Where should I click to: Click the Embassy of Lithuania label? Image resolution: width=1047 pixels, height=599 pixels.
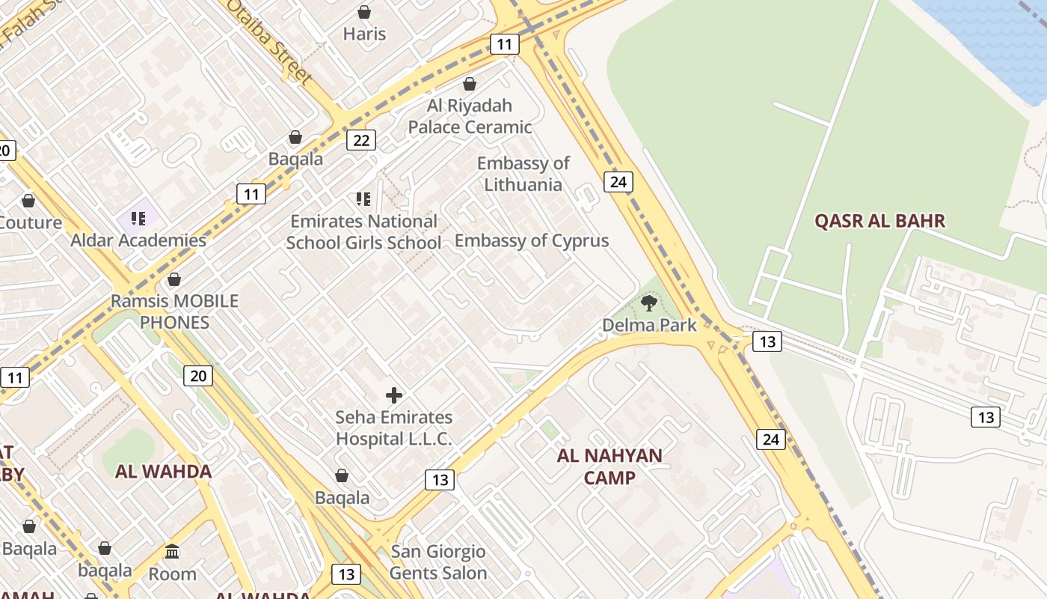(x=523, y=174)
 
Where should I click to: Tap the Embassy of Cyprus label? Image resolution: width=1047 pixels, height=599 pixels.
(x=532, y=240)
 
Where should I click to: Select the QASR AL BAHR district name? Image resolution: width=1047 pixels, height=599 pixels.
(x=879, y=221)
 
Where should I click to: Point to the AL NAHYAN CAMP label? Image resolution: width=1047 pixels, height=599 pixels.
(x=610, y=466)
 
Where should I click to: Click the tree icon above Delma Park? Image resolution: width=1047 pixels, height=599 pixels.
(x=649, y=303)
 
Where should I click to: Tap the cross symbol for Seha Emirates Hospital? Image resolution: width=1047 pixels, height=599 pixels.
(x=394, y=395)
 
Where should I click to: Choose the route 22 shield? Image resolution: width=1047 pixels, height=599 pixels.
(x=361, y=140)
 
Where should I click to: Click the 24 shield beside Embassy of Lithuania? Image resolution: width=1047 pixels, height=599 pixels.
(x=618, y=181)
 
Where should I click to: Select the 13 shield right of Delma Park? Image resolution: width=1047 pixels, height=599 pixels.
(x=767, y=341)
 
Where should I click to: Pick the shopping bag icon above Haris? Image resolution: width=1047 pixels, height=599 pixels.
(x=364, y=12)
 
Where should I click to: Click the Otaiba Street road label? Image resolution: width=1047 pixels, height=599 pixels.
(x=269, y=41)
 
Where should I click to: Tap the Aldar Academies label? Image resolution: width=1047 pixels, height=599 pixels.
(x=138, y=240)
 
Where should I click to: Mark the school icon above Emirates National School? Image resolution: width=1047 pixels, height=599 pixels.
(x=363, y=199)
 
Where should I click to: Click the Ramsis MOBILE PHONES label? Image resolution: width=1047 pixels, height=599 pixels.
(x=175, y=311)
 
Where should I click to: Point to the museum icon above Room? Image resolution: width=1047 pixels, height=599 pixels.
(x=173, y=552)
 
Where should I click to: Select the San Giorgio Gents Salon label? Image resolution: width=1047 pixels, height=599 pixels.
(x=438, y=562)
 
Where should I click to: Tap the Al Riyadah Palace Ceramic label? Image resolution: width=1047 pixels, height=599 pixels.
(x=470, y=116)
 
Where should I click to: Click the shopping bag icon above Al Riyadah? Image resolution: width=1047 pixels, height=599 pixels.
(x=470, y=84)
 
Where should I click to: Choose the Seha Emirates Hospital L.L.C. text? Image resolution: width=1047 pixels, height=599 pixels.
(x=394, y=428)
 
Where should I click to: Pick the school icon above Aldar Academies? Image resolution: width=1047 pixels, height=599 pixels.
(x=138, y=218)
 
